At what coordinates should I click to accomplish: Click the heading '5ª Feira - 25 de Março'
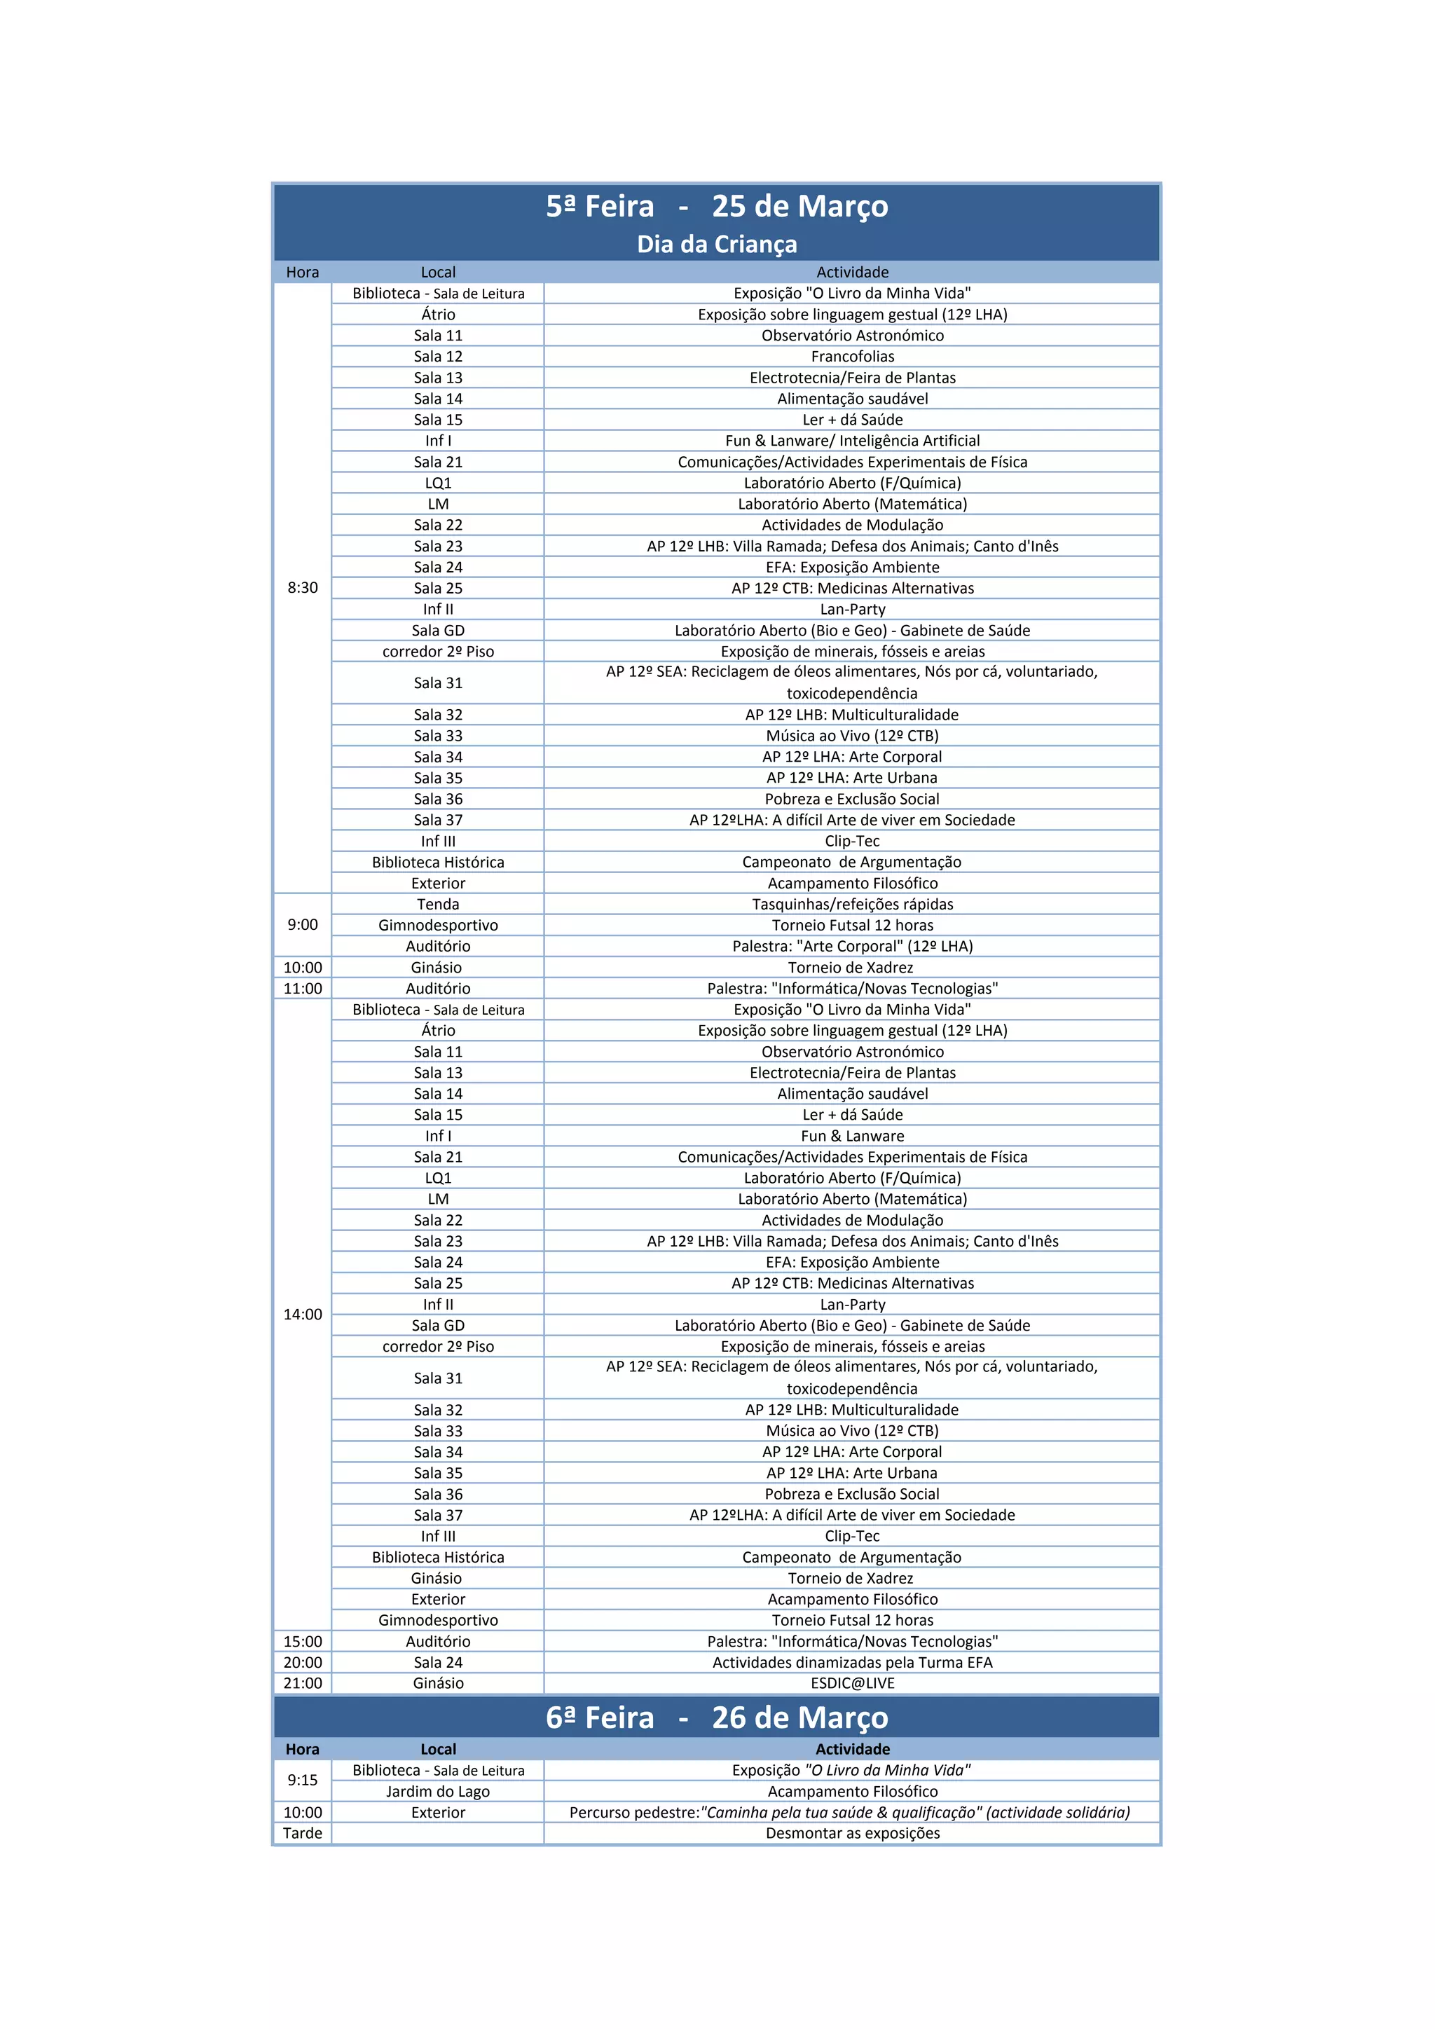tap(716, 206)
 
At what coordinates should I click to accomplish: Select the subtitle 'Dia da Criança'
tap(716, 244)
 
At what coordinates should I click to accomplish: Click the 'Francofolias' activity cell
tap(852, 356)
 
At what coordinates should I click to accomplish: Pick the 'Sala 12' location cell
tap(438, 356)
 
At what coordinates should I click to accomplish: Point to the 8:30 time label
tap(303, 588)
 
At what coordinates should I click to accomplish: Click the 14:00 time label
tap(303, 1315)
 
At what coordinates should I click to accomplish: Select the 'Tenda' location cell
tap(438, 904)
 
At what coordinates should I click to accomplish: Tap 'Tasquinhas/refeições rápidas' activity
tap(852, 904)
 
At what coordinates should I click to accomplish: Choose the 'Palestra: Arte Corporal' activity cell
tap(852, 946)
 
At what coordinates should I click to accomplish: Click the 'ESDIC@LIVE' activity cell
tap(852, 1683)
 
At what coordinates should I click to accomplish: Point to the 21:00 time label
tap(303, 1683)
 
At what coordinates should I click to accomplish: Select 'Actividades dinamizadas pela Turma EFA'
tap(852, 1662)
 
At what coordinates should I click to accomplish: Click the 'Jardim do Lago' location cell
tap(438, 1791)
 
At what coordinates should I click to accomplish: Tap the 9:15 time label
tap(303, 1780)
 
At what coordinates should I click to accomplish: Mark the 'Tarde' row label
tap(303, 1833)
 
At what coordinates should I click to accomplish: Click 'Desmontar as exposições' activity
tap(852, 1833)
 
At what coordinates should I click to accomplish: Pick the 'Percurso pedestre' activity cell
tap(849, 1813)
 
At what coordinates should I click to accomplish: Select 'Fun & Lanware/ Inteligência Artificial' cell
tap(852, 440)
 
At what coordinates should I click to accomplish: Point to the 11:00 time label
tap(303, 989)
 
